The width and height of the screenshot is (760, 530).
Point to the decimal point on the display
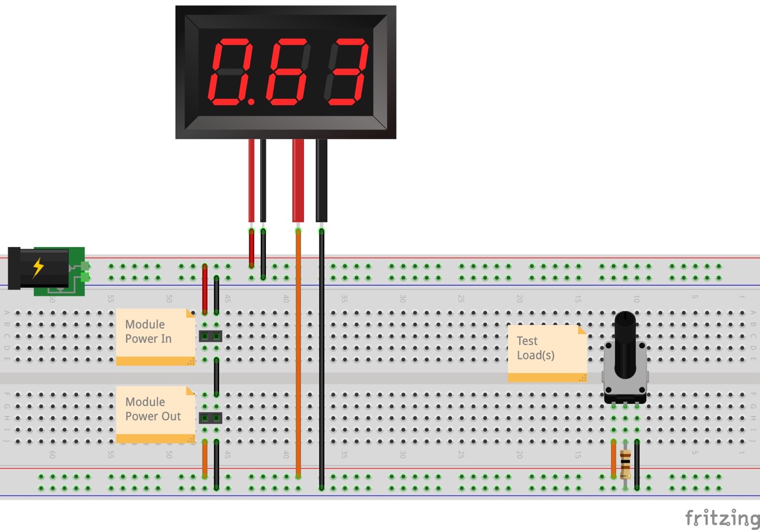[x=251, y=102]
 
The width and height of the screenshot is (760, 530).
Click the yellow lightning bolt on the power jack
[x=38, y=267]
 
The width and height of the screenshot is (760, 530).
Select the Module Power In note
[x=155, y=336]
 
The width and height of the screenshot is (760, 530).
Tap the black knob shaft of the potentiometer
[x=625, y=345]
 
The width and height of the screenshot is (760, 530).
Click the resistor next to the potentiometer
[x=625, y=465]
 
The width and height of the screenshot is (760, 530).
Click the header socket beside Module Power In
[x=210, y=336]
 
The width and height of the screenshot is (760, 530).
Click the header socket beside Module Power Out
[x=210, y=418]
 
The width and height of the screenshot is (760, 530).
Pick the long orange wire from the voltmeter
[x=298, y=357]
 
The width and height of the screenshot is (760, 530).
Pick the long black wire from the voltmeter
[x=321, y=357]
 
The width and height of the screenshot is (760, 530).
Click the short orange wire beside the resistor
[x=613, y=459]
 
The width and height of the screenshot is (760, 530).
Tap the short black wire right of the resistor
[x=636, y=464]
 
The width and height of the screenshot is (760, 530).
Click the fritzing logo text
[x=721, y=518]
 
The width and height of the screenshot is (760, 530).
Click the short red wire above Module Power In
[x=205, y=289]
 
